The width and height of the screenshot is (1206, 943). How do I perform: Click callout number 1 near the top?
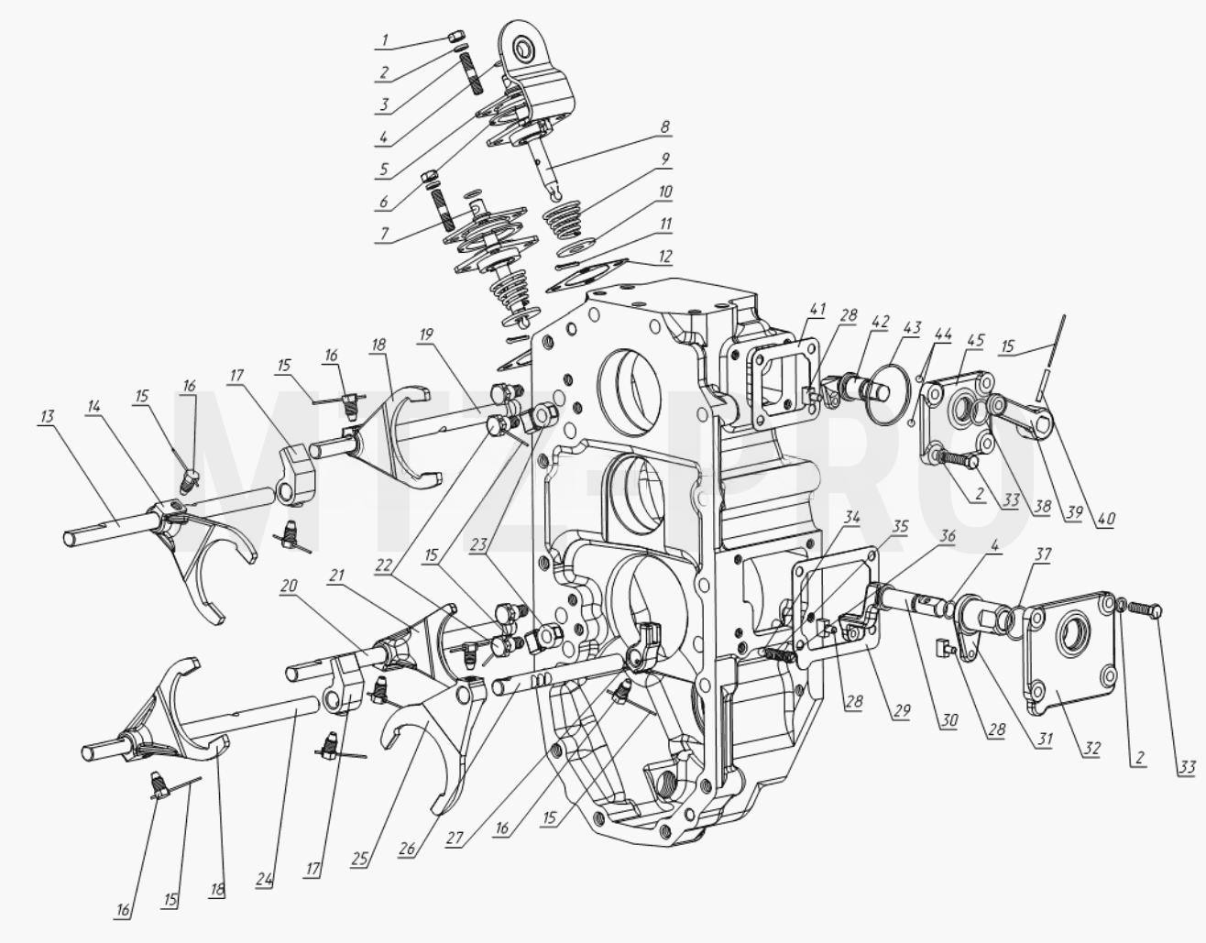pyautogui.click(x=385, y=40)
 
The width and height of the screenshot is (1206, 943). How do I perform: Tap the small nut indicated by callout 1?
pyautogui.click(x=453, y=38)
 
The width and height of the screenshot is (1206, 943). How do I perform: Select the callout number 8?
pyautogui.click(x=665, y=126)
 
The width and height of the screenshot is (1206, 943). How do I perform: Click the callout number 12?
pyautogui.click(x=664, y=257)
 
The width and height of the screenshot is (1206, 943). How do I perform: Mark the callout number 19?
pyautogui.click(x=427, y=334)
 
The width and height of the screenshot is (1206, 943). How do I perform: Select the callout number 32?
pyautogui.click(x=1091, y=750)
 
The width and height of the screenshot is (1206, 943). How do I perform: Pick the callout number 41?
pyautogui.click(x=817, y=310)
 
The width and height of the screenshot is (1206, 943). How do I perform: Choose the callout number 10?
pyautogui.click(x=664, y=192)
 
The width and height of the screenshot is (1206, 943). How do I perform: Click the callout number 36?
pyautogui.click(x=947, y=535)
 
